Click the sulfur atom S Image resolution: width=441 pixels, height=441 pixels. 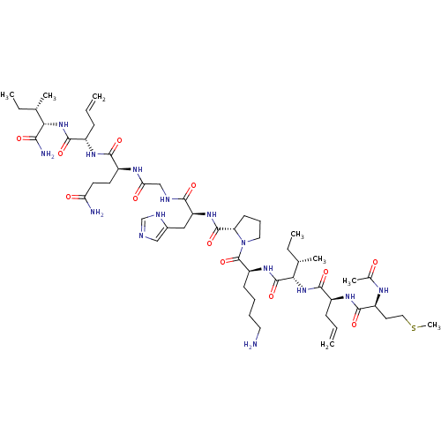tap(414, 328)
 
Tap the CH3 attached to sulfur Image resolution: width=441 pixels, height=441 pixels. tap(434, 325)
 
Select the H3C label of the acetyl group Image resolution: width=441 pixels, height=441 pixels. tap(349, 281)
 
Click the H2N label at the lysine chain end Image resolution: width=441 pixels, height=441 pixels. tap(250, 345)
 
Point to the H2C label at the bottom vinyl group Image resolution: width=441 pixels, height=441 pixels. tap(327, 345)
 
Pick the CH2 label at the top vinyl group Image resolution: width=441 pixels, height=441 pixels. tap(99, 97)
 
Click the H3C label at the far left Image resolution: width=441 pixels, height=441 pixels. tap(8, 95)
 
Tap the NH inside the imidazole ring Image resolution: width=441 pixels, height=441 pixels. tap(161, 214)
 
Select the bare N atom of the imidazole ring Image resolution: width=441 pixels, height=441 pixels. tap(141, 235)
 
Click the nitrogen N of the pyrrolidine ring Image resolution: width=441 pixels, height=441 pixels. tap(243, 243)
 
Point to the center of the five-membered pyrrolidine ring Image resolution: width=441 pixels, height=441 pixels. tap(250, 230)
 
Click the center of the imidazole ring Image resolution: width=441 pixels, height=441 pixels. tap(153, 228)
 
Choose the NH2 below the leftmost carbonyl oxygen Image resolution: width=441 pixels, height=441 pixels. tap(48, 153)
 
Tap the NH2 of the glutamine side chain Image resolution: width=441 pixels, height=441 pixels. tap(97, 212)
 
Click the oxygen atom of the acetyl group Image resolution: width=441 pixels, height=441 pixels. tap(375, 262)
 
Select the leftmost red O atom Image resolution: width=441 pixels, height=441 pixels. tap(19, 138)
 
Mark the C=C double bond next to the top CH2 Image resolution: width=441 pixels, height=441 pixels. tap(91, 105)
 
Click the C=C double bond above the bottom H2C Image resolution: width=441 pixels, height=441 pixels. tap(333, 333)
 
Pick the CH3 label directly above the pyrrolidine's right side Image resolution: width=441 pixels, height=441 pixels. tap(297, 235)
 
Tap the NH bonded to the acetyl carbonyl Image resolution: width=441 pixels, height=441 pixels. tap(384, 290)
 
